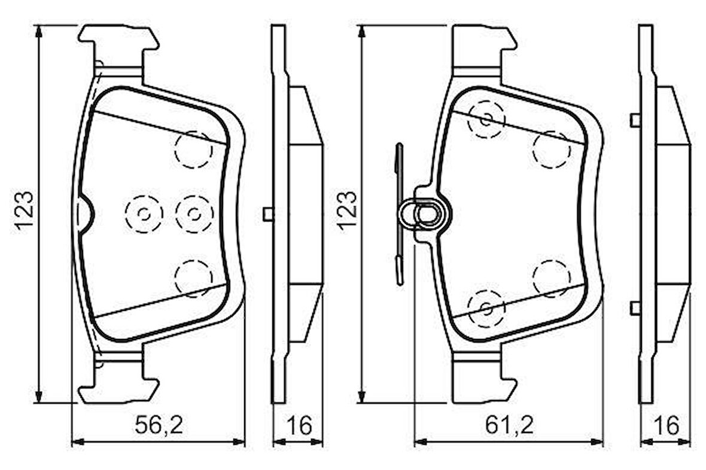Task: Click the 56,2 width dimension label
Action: [158, 426]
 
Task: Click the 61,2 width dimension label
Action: [509, 426]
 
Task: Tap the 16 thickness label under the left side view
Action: [298, 426]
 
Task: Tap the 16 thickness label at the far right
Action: [665, 426]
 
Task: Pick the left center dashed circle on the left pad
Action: [144, 213]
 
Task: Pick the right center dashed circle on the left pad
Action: [194, 213]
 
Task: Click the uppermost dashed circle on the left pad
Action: [193, 149]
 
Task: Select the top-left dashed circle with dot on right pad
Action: [486, 120]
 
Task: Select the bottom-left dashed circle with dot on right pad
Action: [486, 309]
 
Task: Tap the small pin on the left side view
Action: [268, 213]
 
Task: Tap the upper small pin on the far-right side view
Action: [635, 120]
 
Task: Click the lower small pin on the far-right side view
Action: [635, 308]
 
